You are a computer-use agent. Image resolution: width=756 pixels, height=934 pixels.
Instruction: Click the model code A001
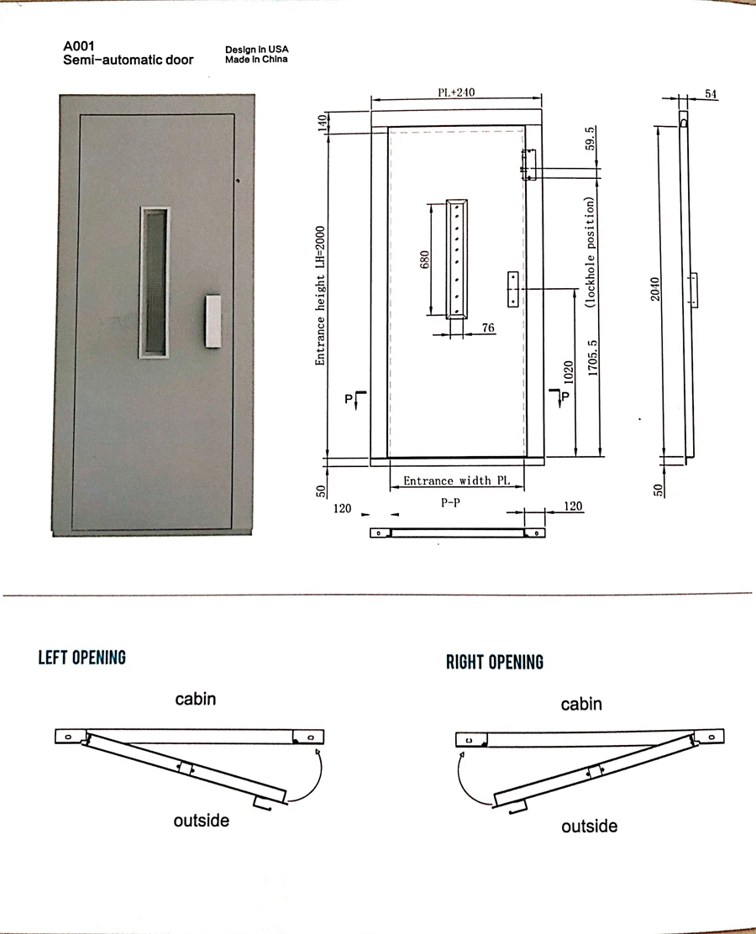point(78,47)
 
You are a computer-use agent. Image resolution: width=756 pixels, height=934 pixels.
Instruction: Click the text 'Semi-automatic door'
point(128,60)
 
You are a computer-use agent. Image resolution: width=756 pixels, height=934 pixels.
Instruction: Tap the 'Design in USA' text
point(256,50)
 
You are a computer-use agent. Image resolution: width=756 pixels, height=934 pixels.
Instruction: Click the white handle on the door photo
point(213,320)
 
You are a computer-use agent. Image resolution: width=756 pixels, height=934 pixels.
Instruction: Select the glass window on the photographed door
point(153,282)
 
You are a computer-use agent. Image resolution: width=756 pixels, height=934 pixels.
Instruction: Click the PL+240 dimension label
point(456,93)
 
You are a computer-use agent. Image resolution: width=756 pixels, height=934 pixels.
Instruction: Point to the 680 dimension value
point(425,260)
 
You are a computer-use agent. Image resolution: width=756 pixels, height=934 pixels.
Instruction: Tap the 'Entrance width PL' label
point(456,481)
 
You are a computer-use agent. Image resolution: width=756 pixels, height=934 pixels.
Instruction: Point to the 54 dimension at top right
point(711,94)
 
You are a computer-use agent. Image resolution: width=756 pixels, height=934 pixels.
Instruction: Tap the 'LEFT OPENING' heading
point(81,657)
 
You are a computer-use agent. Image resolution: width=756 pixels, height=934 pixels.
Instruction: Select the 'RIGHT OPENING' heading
point(494,662)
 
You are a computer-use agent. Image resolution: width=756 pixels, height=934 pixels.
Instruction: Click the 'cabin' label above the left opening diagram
point(195,698)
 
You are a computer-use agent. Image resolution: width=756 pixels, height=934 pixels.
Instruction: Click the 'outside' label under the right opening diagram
point(589,826)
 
